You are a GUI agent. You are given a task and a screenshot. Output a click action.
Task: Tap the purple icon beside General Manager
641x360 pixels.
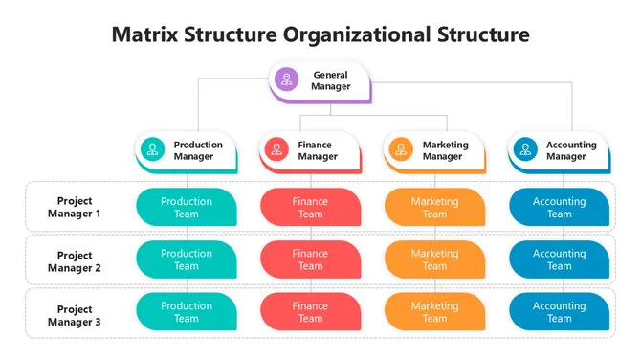[286, 79]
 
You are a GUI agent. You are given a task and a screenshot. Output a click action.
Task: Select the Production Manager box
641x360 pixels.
[186, 150]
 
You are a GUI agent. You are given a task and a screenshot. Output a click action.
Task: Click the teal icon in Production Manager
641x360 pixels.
[151, 149]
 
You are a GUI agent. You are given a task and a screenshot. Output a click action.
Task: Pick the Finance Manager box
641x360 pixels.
[310, 150]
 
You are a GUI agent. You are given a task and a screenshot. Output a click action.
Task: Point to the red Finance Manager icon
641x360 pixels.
[276, 149]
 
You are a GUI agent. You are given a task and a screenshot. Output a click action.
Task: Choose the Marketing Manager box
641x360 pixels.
[434, 150]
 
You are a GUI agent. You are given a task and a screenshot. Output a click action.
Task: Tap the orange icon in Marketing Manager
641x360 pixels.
[400, 149]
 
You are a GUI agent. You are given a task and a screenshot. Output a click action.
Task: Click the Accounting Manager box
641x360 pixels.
[559, 150]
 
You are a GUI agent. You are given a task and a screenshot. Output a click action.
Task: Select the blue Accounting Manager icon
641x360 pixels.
[523, 149]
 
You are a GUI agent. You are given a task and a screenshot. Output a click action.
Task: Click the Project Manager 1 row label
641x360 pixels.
[75, 207]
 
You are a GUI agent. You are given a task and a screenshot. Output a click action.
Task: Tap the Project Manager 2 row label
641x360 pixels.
[75, 261]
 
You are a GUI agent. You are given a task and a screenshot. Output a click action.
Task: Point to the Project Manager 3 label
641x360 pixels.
[75, 315]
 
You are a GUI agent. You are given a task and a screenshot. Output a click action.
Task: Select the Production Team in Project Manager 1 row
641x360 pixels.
[187, 207]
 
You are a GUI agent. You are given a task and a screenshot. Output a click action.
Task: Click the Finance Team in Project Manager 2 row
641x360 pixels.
[310, 259]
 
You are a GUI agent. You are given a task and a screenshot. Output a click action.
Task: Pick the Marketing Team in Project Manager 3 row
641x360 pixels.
[434, 312]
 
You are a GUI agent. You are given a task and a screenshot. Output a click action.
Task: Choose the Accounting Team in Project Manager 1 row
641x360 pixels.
[559, 207]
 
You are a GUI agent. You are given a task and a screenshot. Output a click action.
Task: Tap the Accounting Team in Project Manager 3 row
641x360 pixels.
[559, 312]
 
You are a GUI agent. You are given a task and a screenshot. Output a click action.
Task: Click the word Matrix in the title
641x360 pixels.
[144, 35]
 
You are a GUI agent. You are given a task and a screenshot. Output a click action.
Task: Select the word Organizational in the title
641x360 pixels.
[366, 35]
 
